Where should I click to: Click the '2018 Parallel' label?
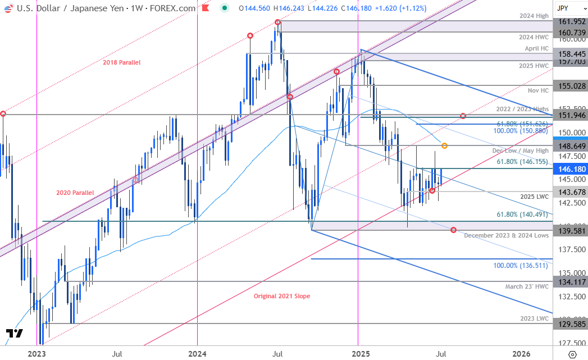point(121,62)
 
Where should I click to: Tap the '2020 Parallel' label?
point(75,193)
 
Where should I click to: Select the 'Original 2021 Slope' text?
point(281,296)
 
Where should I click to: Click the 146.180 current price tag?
point(570,169)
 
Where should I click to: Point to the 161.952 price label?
point(570,21)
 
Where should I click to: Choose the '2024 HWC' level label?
point(535,36)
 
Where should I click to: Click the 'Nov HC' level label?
point(539,90)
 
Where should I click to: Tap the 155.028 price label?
point(570,86)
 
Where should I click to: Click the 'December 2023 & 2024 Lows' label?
point(507,235)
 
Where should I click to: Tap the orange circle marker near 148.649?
point(444,145)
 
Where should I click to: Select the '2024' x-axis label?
point(197,353)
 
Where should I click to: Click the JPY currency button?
point(569,8)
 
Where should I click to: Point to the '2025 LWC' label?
point(535,197)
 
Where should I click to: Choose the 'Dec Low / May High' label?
point(519,151)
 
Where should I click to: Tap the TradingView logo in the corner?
point(15,334)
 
